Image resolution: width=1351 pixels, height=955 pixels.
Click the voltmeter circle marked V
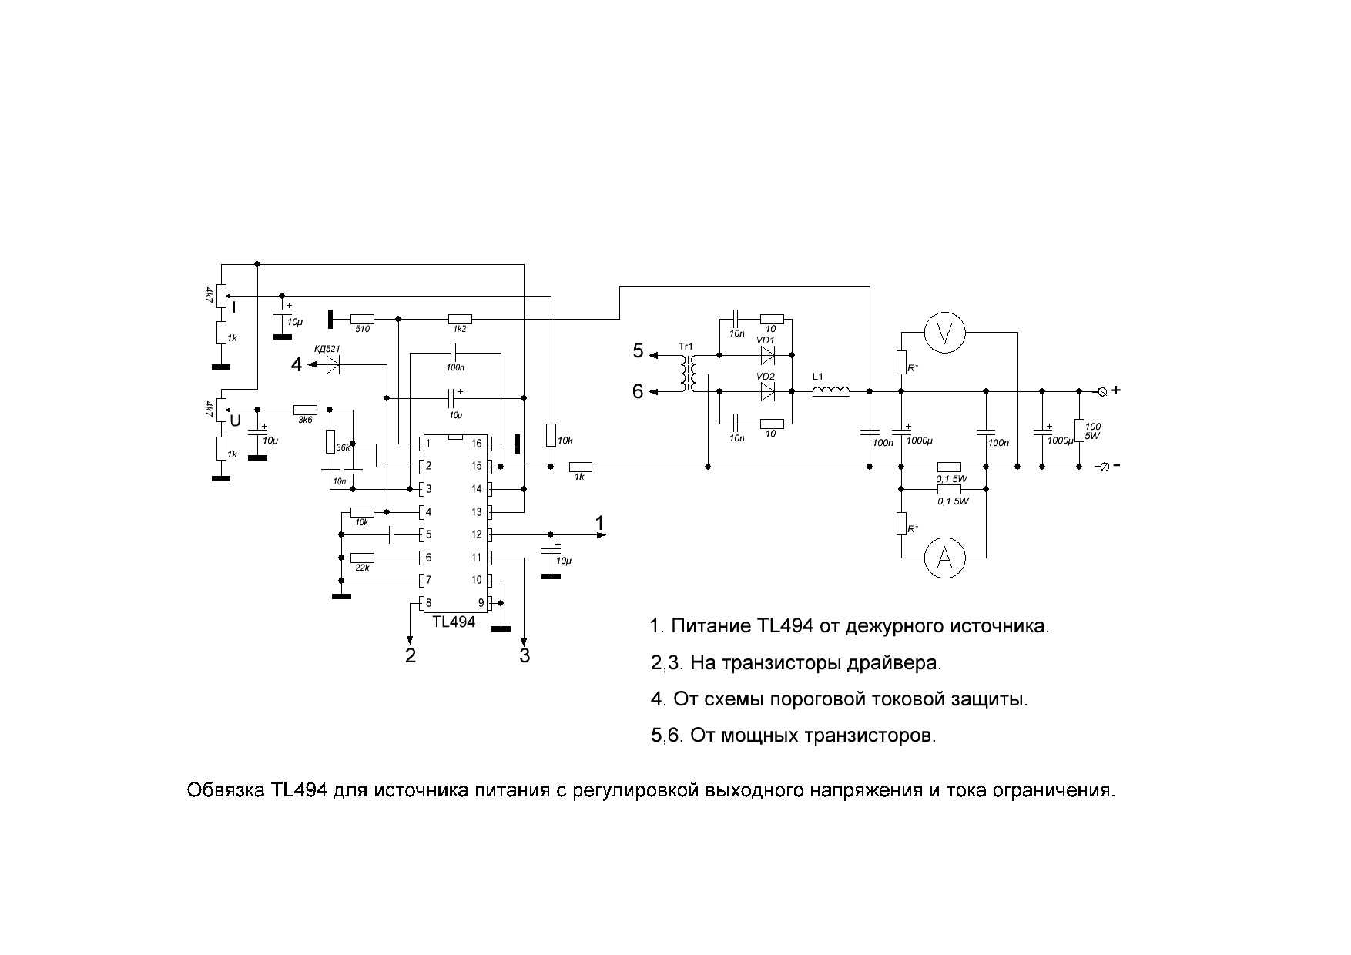945,332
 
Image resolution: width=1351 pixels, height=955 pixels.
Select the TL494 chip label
454,622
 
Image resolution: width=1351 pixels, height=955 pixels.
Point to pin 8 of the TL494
421,602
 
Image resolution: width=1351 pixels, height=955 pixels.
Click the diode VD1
767,355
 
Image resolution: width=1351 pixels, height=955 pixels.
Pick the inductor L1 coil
831,392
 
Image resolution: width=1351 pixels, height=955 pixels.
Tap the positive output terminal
1102,391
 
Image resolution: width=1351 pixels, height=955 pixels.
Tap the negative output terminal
1102,467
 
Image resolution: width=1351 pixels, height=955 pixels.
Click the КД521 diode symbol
333,366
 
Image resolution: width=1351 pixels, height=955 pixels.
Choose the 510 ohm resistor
362,319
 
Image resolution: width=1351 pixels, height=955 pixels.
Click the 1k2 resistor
460,319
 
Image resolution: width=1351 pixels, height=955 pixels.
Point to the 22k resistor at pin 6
362,558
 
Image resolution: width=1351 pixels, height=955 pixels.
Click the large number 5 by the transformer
638,352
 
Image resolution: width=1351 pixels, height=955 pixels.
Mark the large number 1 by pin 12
599,524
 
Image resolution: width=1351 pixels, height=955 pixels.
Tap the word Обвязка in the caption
226,790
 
